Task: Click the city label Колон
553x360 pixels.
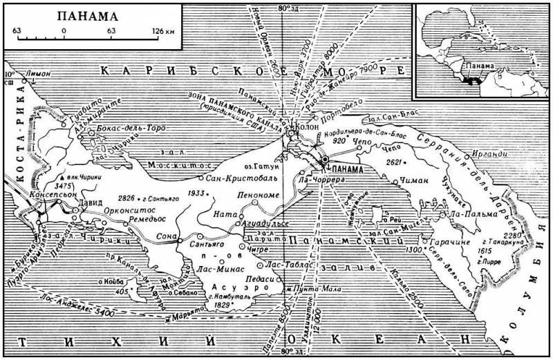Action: click(309, 127)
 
